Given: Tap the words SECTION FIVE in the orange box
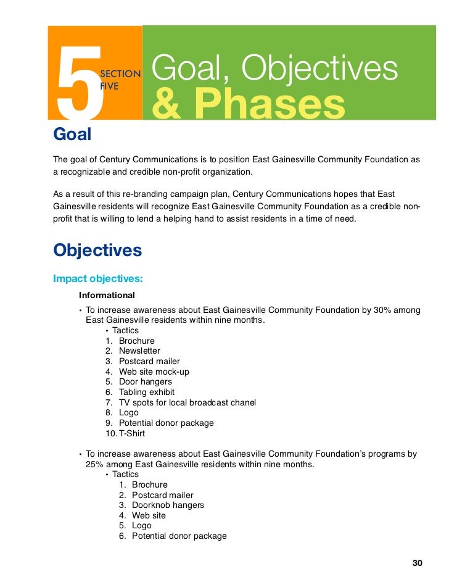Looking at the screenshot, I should pyautogui.click(x=120, y=80).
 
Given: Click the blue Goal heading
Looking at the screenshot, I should pyautogui.click(x=72, y=134).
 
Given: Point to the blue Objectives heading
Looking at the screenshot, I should pyautogui.click(x=97, y=250).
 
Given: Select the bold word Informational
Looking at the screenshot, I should pyautogui.click(x=107, y=295).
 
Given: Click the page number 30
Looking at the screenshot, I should pyautogui.click(x=417, y=563).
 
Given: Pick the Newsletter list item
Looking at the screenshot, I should pyautogui.click(x=139, y=351).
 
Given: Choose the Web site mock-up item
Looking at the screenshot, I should pyautogui.click(x=154, y=372).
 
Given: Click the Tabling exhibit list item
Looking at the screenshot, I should pyautogui.click(x=147, y=392).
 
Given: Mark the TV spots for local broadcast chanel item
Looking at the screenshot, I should pyautogui.click(x=187, y=402).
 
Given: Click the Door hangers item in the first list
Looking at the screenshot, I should pyautogui.click(x=146, y=382).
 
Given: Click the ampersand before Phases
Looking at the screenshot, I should pyautogui.click(x=162, y=104).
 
